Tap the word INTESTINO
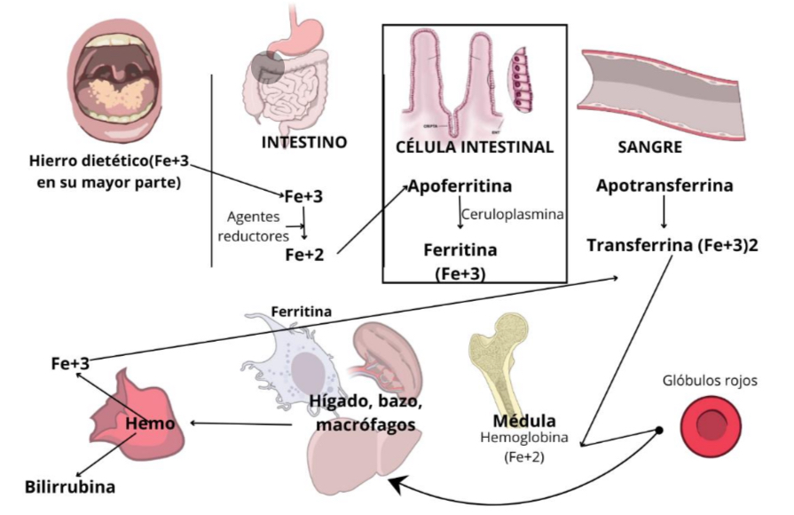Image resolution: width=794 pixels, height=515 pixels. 303,142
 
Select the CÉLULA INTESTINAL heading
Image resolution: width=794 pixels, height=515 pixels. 474,147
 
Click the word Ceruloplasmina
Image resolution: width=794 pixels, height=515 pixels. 513,214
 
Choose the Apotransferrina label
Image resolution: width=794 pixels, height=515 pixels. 664,186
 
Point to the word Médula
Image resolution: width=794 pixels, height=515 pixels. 525,420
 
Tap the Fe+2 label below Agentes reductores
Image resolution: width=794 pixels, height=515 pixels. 304,255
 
